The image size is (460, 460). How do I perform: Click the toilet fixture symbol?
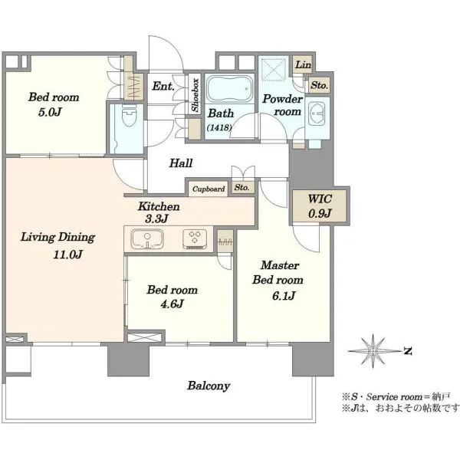pyautogui.click(x=129, y=115)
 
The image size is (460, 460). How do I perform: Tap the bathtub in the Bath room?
pyautogui.click(x=229, y=88)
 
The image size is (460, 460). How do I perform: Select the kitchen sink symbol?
pyautogui.click(x=147, y=238)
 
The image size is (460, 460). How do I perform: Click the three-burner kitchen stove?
pyautogui.click(x=195, y=238)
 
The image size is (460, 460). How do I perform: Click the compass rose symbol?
pyautogui.click(x=373, y=351)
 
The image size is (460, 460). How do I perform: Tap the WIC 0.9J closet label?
pyautogui.click(x=320, y=206)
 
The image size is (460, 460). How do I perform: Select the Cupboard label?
pyautogui.click(x=209, y=189)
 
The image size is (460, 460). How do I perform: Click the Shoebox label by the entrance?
pyautogui.click(x=195, y=95)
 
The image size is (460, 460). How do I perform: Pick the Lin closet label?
pyautogui.click(x=303, y=64)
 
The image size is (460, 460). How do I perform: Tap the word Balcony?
pyautogui.click(x=209, y=386)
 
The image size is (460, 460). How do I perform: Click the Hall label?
pyautogui.click(x=181, y=163)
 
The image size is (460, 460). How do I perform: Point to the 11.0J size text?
pyautogui.click(x=67, y=255)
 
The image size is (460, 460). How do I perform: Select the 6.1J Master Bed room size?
pyautogui.click(x=284, y=296)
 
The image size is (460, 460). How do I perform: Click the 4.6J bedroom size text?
pyautogui.click(x=172, y=304)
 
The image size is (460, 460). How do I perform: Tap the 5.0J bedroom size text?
pyautogui.click(x=50, y=112)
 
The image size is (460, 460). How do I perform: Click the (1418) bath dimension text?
pyautogui.click(x=219, y=127)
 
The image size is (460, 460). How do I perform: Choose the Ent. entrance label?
pyautogui.click(x=163, y=86)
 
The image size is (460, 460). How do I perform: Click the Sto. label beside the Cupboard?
pyautogui.click(x=242, y=187)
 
